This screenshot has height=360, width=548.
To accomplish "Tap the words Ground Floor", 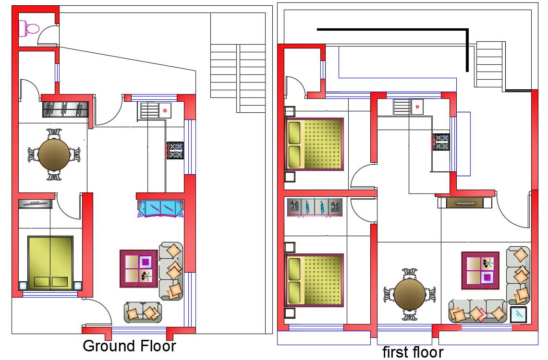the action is pos(129,346).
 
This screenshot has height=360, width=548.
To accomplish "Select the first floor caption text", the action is pos(413,352).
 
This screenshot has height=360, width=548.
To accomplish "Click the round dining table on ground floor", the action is pos(54,155).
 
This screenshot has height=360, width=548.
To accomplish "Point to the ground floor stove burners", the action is pos(175,150).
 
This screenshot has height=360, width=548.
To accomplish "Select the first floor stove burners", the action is pos(441,142).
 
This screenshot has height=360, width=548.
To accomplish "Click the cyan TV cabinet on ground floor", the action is pos(161,209).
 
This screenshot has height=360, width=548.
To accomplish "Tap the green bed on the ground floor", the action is pos(51,263).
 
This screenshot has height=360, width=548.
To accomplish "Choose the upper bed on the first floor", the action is pos(314,144).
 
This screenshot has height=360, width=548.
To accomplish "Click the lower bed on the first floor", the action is pos(314,280).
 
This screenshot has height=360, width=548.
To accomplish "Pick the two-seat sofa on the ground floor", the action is pos(143,312).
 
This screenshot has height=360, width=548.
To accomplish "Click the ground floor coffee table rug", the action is pos(139,268).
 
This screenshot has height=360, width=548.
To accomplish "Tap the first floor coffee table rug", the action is pos(480,271).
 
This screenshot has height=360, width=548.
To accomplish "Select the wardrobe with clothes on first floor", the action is pos(315,207).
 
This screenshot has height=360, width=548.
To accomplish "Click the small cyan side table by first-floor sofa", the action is pos(518,315).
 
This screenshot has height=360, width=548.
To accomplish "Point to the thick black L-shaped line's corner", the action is pos(467,30).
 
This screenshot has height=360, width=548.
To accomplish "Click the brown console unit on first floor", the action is pos(465,203).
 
